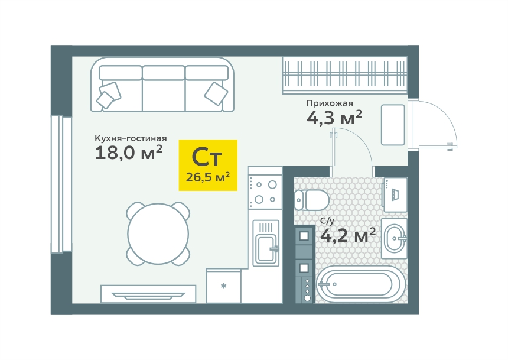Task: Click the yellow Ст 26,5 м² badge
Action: [208, 165]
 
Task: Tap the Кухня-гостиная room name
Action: [131, 138]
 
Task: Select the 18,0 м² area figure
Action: [128, 153]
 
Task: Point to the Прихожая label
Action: [330, 103]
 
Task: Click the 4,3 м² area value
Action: [334, 118]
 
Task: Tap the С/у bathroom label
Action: [327, 221]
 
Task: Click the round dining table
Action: [158, 233]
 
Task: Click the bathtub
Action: [360, 285]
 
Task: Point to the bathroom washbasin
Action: [394, 238]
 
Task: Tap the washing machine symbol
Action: [395, 194]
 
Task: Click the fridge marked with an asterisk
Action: [223, 286]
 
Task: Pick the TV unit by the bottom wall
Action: [148, 294]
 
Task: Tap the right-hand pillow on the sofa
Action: [216, 93]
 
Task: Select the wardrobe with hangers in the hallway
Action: [345, 75]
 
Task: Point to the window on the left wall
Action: [61, 184]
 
